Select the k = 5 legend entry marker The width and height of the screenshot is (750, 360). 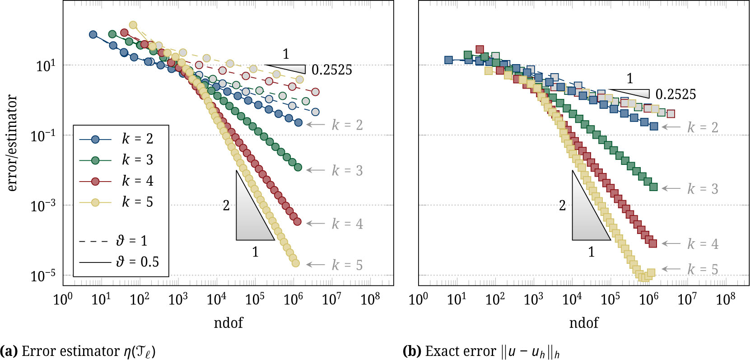pyautogui.click(x=95, y=202)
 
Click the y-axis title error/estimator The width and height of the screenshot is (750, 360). pyautogui.click(x=12, y=143)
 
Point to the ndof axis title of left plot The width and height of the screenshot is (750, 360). pyautogui.click(x=228, y=323)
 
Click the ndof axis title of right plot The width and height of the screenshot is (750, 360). pyautogui.click(x=583, y=323)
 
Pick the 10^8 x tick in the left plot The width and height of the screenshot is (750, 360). pyautogui.click(x=370, y=299)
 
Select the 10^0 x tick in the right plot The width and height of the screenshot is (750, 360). pyautogui.click(x=418, y=299)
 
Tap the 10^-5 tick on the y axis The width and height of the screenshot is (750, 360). pyautogui.click(x=43, y=275)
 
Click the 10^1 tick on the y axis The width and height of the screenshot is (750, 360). pyautogui.click(x=45, y=66)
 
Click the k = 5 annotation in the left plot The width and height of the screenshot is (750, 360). pyautogui.click(x=347, y=265)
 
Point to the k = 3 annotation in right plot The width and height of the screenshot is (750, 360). pyautogui.click(x=703, y=189)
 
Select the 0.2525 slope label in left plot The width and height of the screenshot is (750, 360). pyautogui.click(x=331, y=70)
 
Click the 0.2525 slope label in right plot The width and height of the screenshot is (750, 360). pyautogui.click(x=675, y=94)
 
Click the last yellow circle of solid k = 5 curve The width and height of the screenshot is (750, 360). pyautogui.click(x=295, y=263)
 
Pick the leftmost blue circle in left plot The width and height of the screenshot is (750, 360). pyautogui.click(x=93, y=35)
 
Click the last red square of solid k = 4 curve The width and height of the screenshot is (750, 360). pyautogui.click(x=652, y=243)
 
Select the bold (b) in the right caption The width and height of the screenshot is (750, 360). pyautogui.click(x=411, y=351)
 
